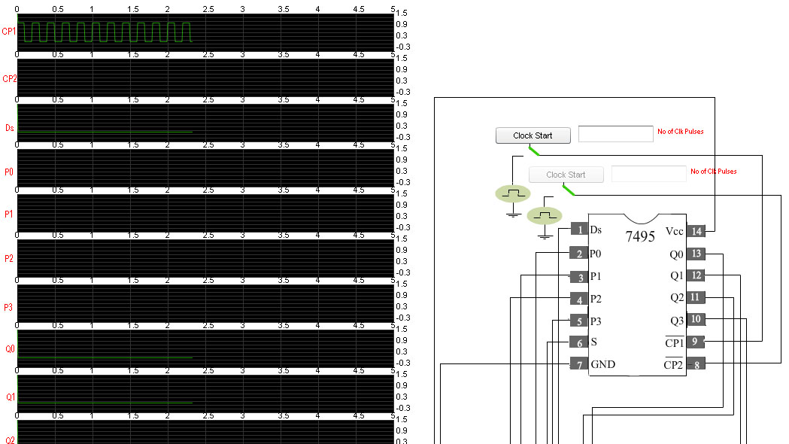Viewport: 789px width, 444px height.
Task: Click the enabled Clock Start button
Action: (533, 135)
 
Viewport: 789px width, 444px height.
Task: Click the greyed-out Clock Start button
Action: (566, 175)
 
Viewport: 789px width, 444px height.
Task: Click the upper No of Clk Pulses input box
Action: (616, 134)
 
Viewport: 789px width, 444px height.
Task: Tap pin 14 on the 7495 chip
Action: (696, 231)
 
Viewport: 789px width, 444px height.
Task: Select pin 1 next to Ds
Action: (580, 230)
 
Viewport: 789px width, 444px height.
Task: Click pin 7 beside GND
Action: (579, 364)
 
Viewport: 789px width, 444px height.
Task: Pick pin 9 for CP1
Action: (696, 342)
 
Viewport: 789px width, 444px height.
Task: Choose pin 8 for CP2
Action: (696, 364)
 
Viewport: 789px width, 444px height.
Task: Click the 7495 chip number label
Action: (640, 236)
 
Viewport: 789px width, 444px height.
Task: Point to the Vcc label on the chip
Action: (674, 231)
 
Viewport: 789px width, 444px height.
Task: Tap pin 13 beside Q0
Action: (696, 254)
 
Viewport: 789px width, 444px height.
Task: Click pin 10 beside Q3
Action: (696, 319)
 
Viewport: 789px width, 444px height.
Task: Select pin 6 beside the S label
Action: (579, 342)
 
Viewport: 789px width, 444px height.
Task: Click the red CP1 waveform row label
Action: (9, 31)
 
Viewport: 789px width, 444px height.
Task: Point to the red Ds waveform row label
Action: (10, 128)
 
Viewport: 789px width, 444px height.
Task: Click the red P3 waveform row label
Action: (8, 307)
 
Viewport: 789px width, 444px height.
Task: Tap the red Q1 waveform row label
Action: (10, 397)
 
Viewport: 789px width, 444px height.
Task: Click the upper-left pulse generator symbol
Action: (513, 194)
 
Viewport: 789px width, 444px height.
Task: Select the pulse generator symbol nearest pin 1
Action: (545, 216)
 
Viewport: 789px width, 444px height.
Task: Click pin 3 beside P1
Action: (579, 276)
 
